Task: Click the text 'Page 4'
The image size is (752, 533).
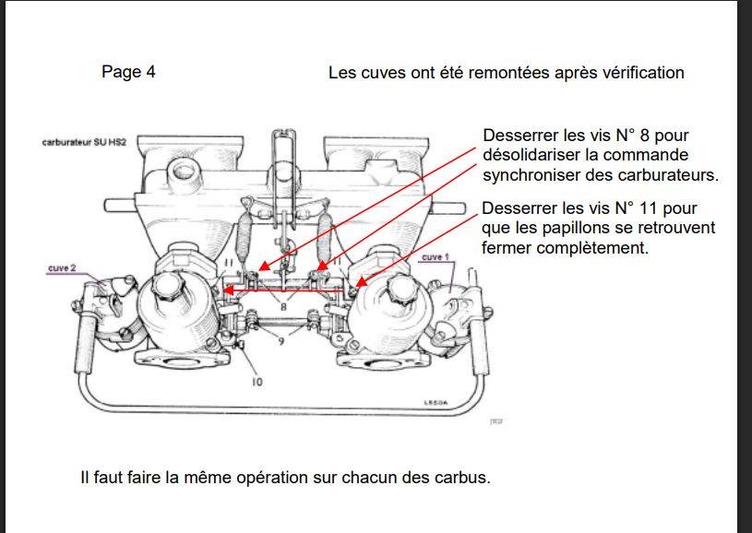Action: pos(128,72)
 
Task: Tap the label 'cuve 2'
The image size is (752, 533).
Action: pos(63,268)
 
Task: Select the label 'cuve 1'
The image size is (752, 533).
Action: pos(434,257)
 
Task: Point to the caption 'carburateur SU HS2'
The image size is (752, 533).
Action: pos(84,144)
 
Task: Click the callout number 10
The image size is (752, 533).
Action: pos(256,381)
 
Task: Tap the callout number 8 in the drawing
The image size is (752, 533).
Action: pos(284,306)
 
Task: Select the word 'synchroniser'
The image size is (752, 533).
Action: pos(530,174)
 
